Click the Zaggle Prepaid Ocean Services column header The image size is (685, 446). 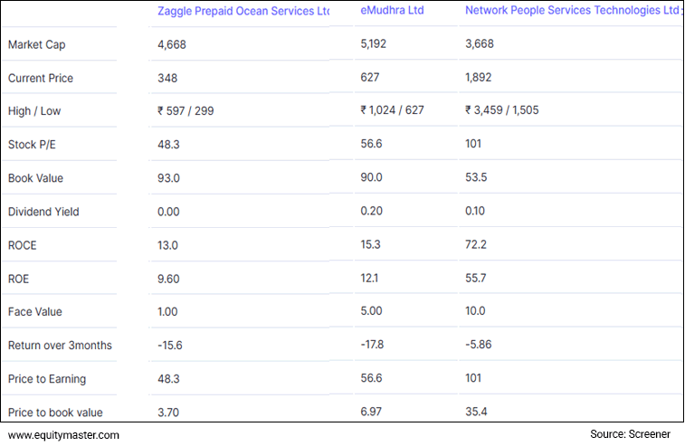point(243,11)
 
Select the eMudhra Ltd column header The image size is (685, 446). point(392,11)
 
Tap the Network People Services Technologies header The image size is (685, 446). point(571,11)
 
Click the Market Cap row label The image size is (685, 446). point(36,44)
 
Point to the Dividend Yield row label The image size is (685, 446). point(43,212)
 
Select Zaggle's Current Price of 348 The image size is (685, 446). point(166,78)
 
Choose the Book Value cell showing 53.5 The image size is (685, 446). point(476,178)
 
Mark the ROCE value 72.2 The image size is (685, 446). point(476,245)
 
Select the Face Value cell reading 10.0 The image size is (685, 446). point(476,312)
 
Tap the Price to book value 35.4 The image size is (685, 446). point(476,413)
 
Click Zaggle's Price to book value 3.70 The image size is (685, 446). point(168,413)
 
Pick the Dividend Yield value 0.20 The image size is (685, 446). point(371,212)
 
